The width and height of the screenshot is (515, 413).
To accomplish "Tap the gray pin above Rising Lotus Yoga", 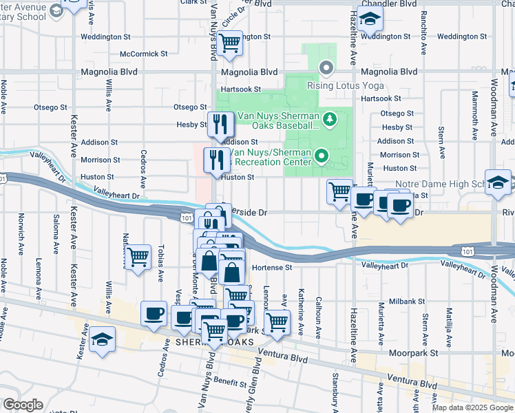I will [x=326, y=67].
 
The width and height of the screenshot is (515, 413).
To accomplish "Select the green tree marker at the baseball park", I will [x=329, y=120].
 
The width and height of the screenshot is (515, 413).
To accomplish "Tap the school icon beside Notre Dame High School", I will [x=498, y=182].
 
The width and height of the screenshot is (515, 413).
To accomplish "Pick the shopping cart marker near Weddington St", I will [x=229, y=43].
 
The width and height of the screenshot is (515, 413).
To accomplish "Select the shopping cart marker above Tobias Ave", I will [x=138, y=257].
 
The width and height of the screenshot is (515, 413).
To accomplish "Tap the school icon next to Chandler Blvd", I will [x=370, y=20].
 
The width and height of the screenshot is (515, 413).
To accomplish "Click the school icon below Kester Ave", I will [x=102, y=340].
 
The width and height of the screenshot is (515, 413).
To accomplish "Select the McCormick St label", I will [x=143, y=54].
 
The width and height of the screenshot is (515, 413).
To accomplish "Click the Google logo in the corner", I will [x=23, y=405].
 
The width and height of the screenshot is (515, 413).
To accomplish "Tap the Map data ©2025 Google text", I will [x=472, y=407].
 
